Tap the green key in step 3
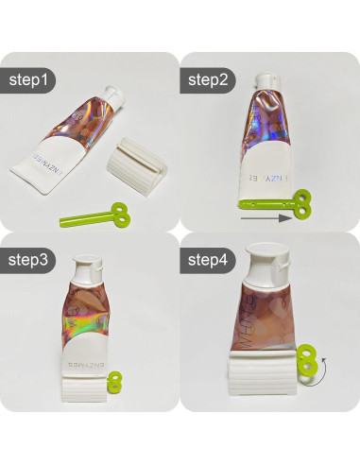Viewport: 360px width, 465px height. [x=114, y=383]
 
